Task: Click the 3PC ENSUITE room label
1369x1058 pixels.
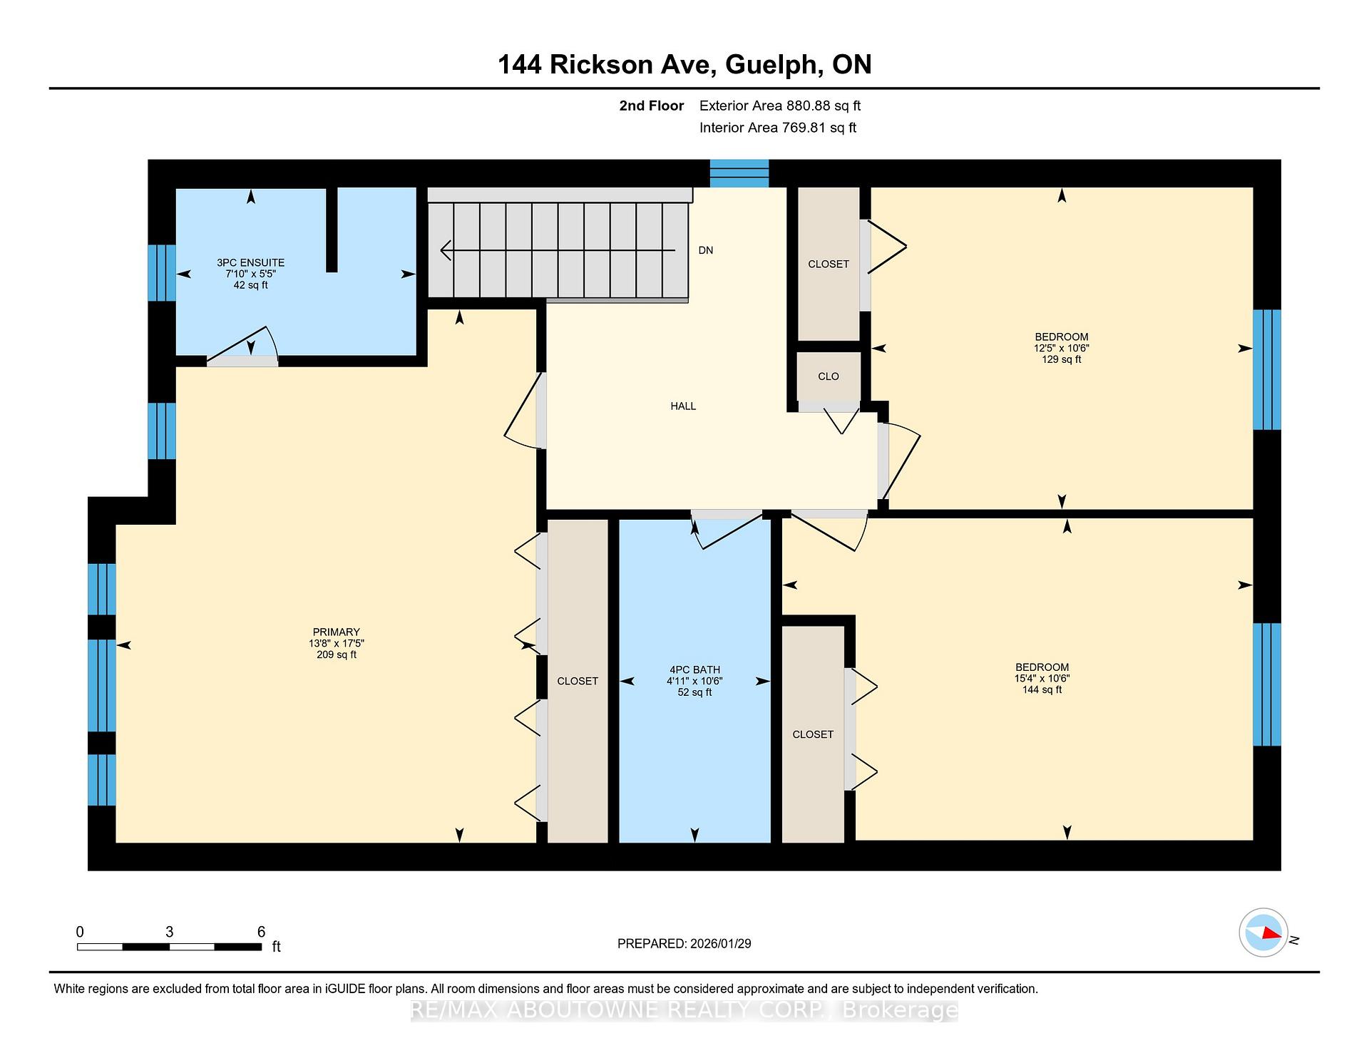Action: tap(250, 263)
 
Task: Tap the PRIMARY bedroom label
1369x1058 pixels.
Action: tap(337, 632)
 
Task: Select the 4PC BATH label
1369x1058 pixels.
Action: tap(694, 670)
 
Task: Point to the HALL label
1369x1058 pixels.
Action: tap(683, 406)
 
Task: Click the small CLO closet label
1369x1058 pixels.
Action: tap(829, 376)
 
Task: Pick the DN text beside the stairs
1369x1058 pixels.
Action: tap(706, 250)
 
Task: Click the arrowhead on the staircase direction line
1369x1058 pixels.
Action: tap(446, 250)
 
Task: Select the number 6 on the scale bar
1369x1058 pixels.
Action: tap(261, 932)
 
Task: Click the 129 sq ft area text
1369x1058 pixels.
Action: tap(1062, 360)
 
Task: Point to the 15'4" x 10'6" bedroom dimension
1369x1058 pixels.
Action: tap(1042, 679)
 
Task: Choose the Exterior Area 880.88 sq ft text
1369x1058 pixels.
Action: tap(780, 106)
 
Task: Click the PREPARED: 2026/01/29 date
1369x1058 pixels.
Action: tap(684, 944)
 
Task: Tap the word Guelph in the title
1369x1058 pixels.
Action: tap(770, 65)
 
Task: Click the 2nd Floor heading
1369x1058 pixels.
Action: tap(652, 106)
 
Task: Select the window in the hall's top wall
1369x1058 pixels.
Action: tap(739, 173)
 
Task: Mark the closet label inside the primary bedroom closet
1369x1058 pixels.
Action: tap(578, 682)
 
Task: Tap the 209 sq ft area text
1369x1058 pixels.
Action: tap(337, 655)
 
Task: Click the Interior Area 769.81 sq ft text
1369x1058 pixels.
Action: tap(778, 128)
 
